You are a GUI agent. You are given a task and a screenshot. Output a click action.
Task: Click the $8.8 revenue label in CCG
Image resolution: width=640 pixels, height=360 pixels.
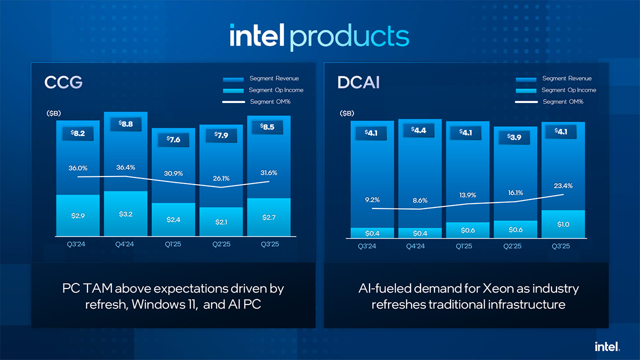pos(125,124)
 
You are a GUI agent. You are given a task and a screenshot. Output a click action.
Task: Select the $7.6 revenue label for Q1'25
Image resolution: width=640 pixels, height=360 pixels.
pos(173,140)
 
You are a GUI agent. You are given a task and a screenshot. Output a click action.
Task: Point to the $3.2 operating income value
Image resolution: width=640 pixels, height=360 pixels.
pos(126,214)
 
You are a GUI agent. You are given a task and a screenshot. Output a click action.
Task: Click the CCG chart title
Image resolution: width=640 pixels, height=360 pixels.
pos(63,82)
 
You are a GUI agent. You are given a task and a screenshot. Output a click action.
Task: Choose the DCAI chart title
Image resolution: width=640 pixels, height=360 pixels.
pos(358,82)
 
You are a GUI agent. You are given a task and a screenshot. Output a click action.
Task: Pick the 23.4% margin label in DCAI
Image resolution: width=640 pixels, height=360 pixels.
pos(562,185)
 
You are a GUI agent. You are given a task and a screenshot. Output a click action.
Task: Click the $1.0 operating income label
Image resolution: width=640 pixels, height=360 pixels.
pos(563,224)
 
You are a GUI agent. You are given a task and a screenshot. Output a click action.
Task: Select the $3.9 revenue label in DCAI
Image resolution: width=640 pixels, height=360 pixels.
pos(515,137)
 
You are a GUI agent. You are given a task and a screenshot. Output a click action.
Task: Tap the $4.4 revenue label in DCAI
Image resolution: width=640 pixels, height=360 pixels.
pos(419,130)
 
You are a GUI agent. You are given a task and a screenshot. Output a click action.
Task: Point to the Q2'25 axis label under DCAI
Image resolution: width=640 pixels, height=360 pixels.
pos(515,246)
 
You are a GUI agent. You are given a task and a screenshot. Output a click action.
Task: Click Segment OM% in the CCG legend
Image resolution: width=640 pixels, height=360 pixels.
pos(270,101)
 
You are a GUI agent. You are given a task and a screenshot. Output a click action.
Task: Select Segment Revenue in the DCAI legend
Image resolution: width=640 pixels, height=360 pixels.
pos(566,78)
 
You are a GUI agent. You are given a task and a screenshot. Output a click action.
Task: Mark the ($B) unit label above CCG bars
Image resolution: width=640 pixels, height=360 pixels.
pos(53,113)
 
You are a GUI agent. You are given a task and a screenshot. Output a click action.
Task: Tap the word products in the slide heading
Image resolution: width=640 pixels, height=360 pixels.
pos(349,36)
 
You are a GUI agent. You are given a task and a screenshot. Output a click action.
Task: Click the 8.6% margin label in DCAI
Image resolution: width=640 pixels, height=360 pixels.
pos(419,200)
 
